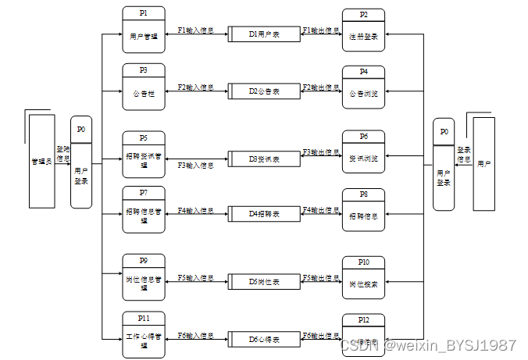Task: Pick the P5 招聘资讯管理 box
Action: (144, 153)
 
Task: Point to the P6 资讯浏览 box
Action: (363, 153)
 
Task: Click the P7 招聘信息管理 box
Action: (144, 209)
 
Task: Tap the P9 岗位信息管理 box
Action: (144, 276)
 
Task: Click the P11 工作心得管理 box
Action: (144, 334)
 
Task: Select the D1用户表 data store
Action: (264, 35)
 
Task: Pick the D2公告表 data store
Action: (264, 91)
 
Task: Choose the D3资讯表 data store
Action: (264, 159)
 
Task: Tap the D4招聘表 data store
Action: (264, 214)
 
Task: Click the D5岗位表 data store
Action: (264, 281)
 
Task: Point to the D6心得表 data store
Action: (264, 339)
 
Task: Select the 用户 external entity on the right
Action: (483, 164)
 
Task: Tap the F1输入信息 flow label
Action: (195, 30)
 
